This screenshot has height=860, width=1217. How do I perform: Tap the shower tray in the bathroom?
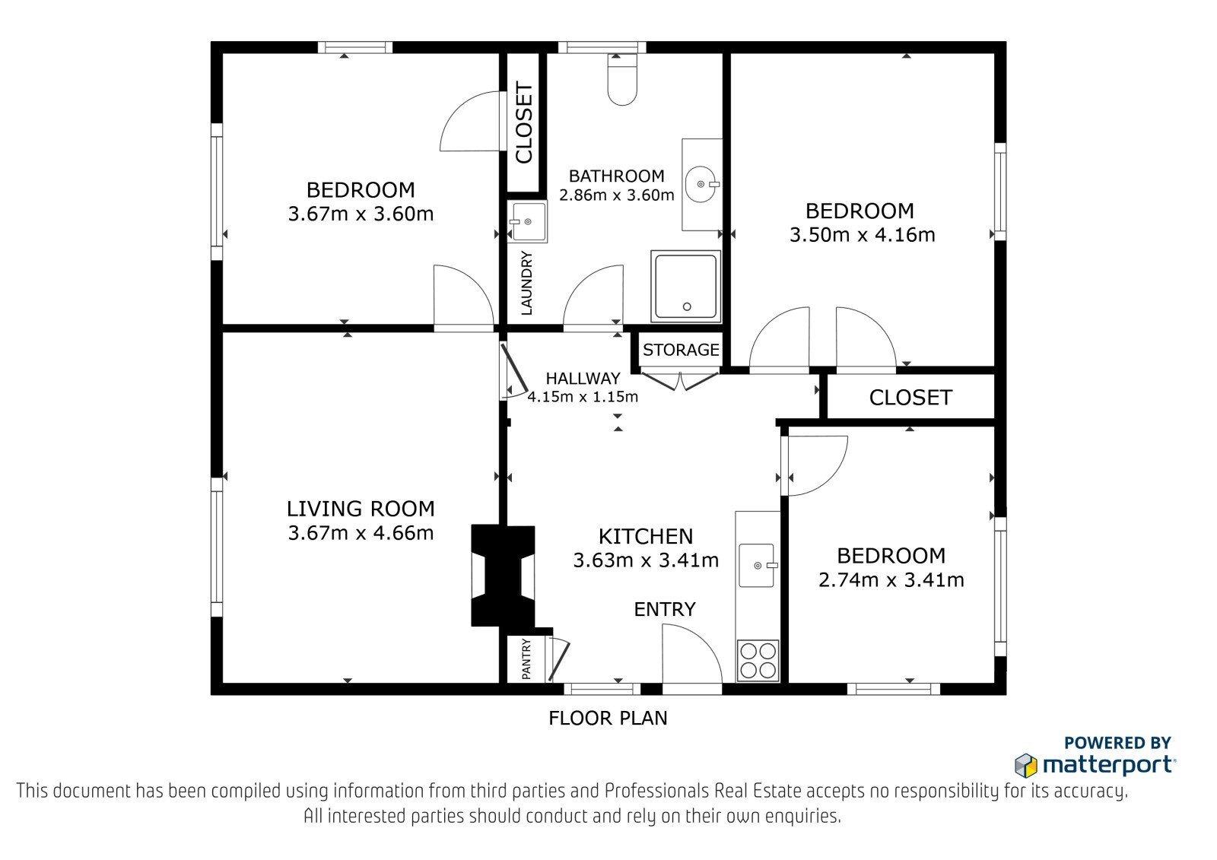click(685, 287)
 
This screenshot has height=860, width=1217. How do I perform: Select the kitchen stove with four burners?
click(758, 661)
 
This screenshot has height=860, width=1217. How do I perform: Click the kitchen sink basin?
click(757, 565)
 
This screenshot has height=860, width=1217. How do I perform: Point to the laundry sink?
click(527, 222)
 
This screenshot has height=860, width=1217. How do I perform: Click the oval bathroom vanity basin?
click(701, 184)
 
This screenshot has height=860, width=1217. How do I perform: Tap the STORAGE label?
click(681, 350)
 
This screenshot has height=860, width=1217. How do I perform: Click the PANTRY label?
click(526, 659)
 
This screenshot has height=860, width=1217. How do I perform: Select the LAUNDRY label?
click(526, 283)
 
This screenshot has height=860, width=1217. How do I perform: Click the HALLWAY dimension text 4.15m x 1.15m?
click(583, 397)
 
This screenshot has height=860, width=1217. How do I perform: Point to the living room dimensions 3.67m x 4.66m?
click(361, 533)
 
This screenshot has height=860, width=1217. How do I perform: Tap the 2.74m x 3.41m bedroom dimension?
click(891, 580)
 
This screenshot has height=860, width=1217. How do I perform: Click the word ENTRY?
click(665, 610)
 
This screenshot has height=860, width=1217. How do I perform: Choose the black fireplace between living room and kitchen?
click(503, 576)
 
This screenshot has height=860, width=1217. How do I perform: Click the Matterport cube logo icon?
click(1026, 766)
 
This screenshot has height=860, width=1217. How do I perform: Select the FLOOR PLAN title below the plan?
click(608, 719)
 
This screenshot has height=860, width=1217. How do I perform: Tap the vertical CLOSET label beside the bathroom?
click(524, 122)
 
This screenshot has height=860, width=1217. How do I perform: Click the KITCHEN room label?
click(646, 537)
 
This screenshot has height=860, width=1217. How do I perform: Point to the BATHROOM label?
click(617, 176)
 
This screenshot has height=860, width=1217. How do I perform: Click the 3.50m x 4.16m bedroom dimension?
click(863, 235)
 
